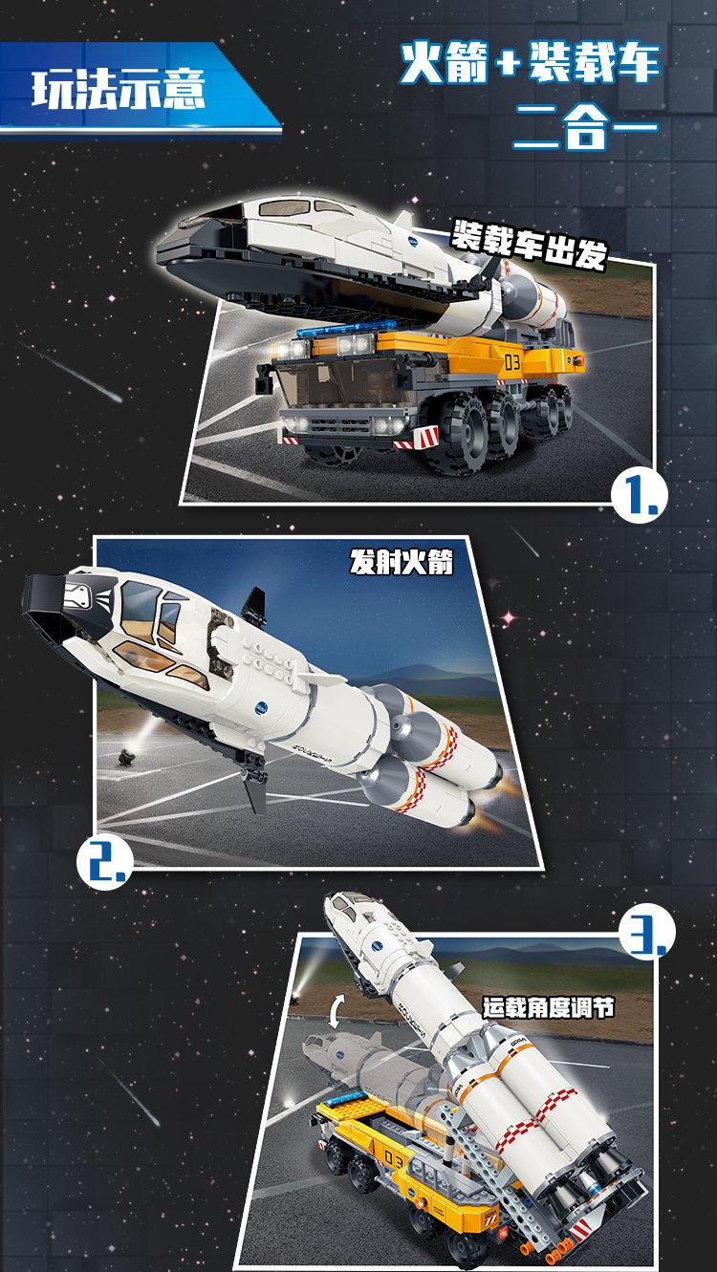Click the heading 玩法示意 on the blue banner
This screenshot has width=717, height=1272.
[x=119, y=90]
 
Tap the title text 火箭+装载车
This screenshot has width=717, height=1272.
[x=530, y=64]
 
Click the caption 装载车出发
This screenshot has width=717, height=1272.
[x=529, y=245]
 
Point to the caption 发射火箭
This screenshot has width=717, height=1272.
[x=402, y=563]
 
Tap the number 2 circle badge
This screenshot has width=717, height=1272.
[x=104, y=863]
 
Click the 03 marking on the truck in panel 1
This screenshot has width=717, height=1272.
[x=511, y=363]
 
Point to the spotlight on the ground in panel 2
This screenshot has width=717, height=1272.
[x=125, y=758]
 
